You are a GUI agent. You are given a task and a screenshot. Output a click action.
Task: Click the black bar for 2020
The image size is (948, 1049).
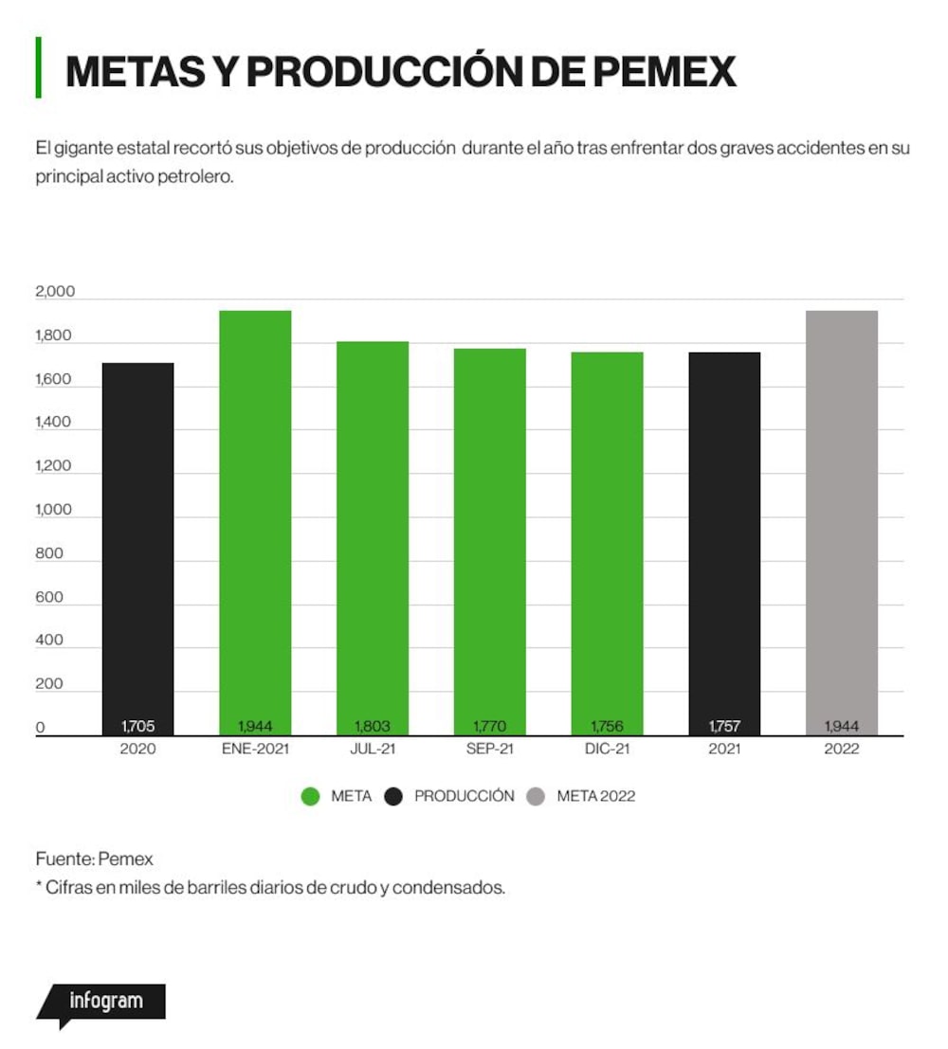pyautogui.click(x=137, y=550)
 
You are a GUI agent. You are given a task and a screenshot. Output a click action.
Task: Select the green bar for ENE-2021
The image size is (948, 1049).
pyautogui.click(x=255, y=523)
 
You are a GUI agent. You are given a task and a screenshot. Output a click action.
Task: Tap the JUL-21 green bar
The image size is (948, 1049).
pyautogui.click(x=373, y=538)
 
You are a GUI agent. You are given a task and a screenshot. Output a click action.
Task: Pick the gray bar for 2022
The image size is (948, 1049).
pyautogui.click(x=842, y=523)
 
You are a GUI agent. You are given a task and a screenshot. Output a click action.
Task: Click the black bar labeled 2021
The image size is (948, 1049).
pyautogui.click(x=724, y=544)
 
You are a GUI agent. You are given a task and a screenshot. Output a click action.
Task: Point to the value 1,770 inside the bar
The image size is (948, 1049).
pyautogui.click(x=490, y=726)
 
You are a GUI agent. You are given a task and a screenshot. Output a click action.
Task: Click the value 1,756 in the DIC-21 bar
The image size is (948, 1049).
pyautogui.click(x=608, y=726)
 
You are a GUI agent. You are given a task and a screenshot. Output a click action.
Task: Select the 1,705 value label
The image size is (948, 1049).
pyautogui.click(x=137, y=726)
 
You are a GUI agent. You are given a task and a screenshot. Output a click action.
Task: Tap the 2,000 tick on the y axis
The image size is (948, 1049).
pyautogui.click(x=55, y=292)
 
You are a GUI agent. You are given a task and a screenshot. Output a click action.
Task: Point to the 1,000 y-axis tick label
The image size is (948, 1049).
pyautogui.click(x=53, y=510)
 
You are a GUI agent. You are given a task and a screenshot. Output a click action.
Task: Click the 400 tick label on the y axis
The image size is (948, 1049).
pyautogui.click(x=49, y=641)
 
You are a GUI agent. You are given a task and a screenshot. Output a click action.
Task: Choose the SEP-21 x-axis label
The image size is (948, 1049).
pyautogui.click(x=490, y=749)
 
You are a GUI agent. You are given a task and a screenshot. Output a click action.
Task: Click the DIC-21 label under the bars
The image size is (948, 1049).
pyautogui.click(x=608, y=749)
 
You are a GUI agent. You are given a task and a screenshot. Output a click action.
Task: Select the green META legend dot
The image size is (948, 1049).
pyautogui.click(x=311, y=796)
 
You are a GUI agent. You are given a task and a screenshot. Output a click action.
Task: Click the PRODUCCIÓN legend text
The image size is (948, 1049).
pyautogui.click(x=464, y=796)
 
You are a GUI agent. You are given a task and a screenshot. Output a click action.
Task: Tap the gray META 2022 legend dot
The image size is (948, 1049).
pyautogui.click(x=536, y=796)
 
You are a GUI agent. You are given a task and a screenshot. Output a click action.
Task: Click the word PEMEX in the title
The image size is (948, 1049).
pyautogui.click(x=665, y=72)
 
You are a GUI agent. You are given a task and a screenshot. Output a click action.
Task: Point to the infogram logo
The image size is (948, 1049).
pyautogui.click(x=101, y=1004)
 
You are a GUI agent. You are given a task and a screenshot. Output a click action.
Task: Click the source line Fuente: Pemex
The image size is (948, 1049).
pyautogui.click(x=95, y=859)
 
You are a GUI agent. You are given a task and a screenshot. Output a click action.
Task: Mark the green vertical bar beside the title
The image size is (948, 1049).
pyautogui.click(x=38, y=67)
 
